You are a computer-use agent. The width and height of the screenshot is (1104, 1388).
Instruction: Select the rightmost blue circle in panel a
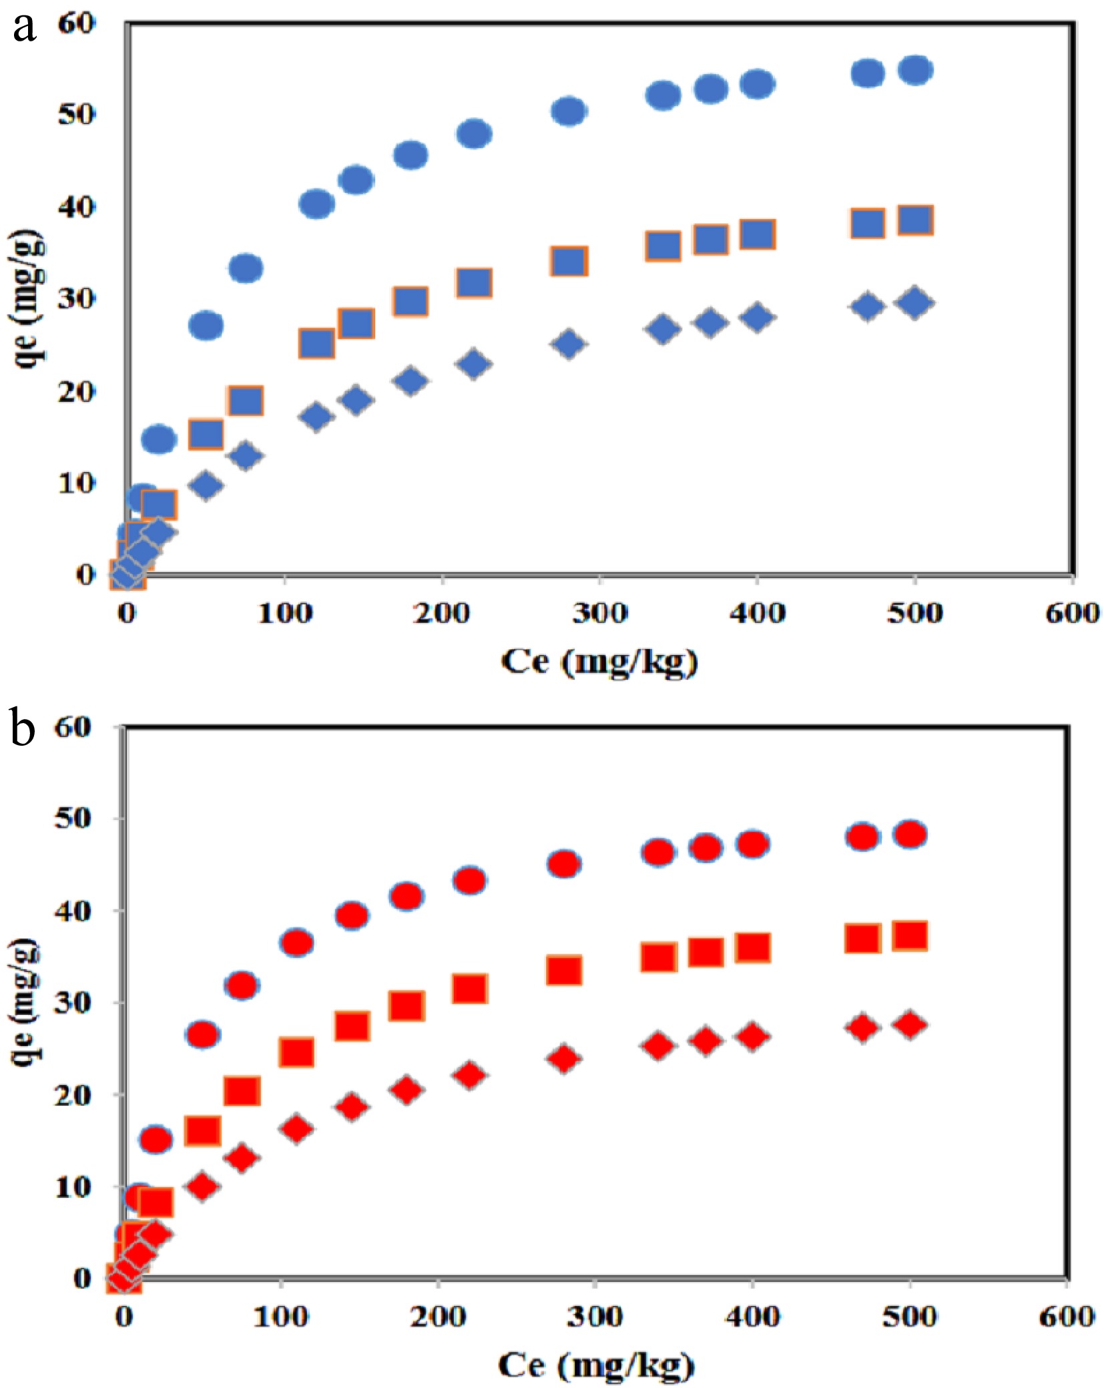pos(915,70)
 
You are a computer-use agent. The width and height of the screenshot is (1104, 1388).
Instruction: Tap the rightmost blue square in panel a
pos(915,220)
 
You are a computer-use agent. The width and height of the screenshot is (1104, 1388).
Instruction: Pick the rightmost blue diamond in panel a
pos(915,302)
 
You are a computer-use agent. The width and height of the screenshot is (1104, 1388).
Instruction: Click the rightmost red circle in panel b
pos(910,835)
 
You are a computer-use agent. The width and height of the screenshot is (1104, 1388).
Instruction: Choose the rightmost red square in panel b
pos(910,936)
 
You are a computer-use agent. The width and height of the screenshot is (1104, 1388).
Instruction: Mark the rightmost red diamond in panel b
pos(910,1024)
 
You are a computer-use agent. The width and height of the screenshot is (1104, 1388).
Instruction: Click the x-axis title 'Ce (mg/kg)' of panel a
pos(599,662)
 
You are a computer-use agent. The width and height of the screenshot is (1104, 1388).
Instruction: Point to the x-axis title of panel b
pos(595,1365)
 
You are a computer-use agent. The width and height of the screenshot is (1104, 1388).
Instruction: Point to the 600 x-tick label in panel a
pos(1071,612)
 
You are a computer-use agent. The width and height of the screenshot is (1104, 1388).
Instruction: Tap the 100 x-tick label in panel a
pos(285,612)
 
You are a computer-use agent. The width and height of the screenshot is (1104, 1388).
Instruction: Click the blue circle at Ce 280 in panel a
pos(568,111)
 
